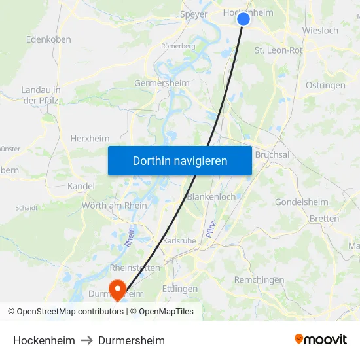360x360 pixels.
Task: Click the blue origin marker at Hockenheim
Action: pos(243,19)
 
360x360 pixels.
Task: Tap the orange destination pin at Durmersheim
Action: pos(118,289)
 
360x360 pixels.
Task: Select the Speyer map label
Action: pos(193,14)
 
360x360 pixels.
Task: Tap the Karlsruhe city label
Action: pos(179,240)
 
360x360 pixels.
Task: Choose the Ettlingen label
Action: pos(179,289)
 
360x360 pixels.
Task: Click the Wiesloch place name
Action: pos(320,31)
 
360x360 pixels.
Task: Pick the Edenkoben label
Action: pos(48,39)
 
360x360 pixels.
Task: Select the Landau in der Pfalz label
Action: pos(41,95)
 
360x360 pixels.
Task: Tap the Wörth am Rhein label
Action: pos(115,206)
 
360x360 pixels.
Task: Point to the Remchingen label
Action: pos(259,279)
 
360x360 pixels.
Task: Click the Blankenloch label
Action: pos(211,196)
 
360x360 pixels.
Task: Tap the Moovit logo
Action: pos(321,339)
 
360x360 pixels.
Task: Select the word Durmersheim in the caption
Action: pos(132,340)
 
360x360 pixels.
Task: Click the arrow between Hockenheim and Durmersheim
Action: pos(87,340)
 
